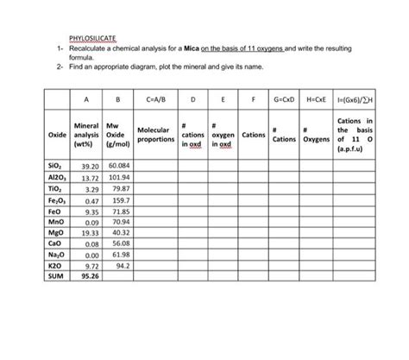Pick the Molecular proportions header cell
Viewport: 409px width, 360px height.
[x=156, y=135]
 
